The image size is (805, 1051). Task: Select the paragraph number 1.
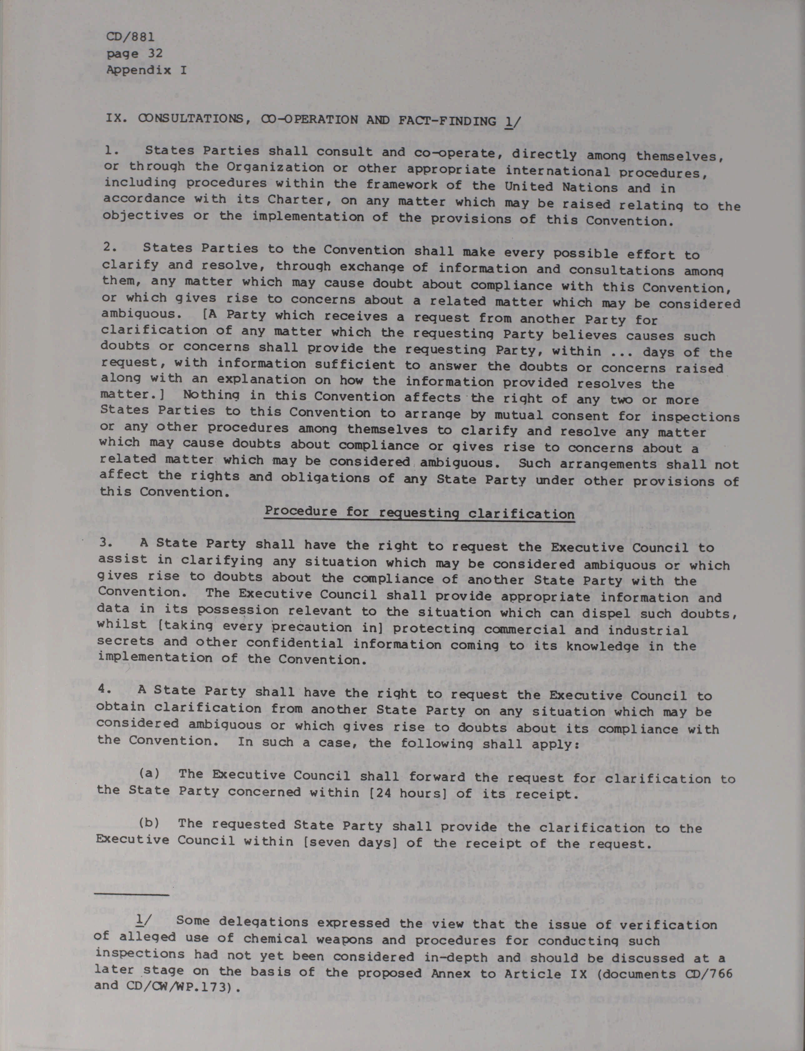pyautogui.click(x=111, y=150)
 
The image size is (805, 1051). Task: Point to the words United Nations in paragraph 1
pyautogui.click(x=561, y=186)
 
